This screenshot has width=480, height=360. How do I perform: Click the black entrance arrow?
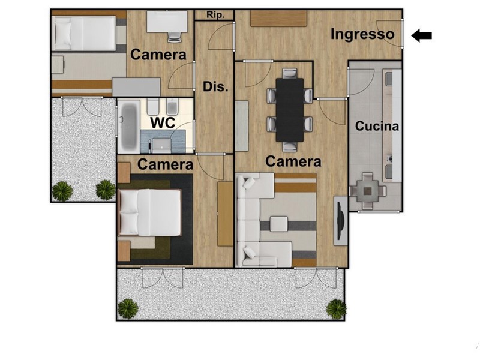[x=421, y=35]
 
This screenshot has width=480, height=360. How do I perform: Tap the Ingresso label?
[x=362, y=34]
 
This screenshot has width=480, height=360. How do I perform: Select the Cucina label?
[x=377, y=126]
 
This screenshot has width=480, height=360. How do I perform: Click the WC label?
[x=163, y=122]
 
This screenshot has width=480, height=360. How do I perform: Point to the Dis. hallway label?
[x=215, y=87]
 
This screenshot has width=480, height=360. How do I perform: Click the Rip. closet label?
[x=215, y=14]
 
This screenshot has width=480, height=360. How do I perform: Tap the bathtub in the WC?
[x=128, y=127]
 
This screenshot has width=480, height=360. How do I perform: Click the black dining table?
[x=290, y=110]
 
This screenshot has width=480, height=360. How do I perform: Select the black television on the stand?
[x=340, y=220]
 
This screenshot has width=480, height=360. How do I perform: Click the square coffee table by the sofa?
[x=278, y=224]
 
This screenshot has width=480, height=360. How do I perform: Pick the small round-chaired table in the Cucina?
[x=367, y=191]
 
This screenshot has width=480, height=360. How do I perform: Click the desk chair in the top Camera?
[x=175, y=37]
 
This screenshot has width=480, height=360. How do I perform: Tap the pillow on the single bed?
[x=62, y=34]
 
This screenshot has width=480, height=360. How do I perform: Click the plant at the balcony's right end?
[x=336, y=309]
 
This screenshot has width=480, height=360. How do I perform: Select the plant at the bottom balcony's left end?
[x=128, y=308]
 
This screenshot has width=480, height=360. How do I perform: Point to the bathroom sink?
[x=161, y=145]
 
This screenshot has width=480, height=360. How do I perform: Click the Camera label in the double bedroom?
[x=166, y=164]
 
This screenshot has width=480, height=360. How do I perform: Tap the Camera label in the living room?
[x=293, y=161]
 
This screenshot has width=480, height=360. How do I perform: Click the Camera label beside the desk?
[x=158, y=55]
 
